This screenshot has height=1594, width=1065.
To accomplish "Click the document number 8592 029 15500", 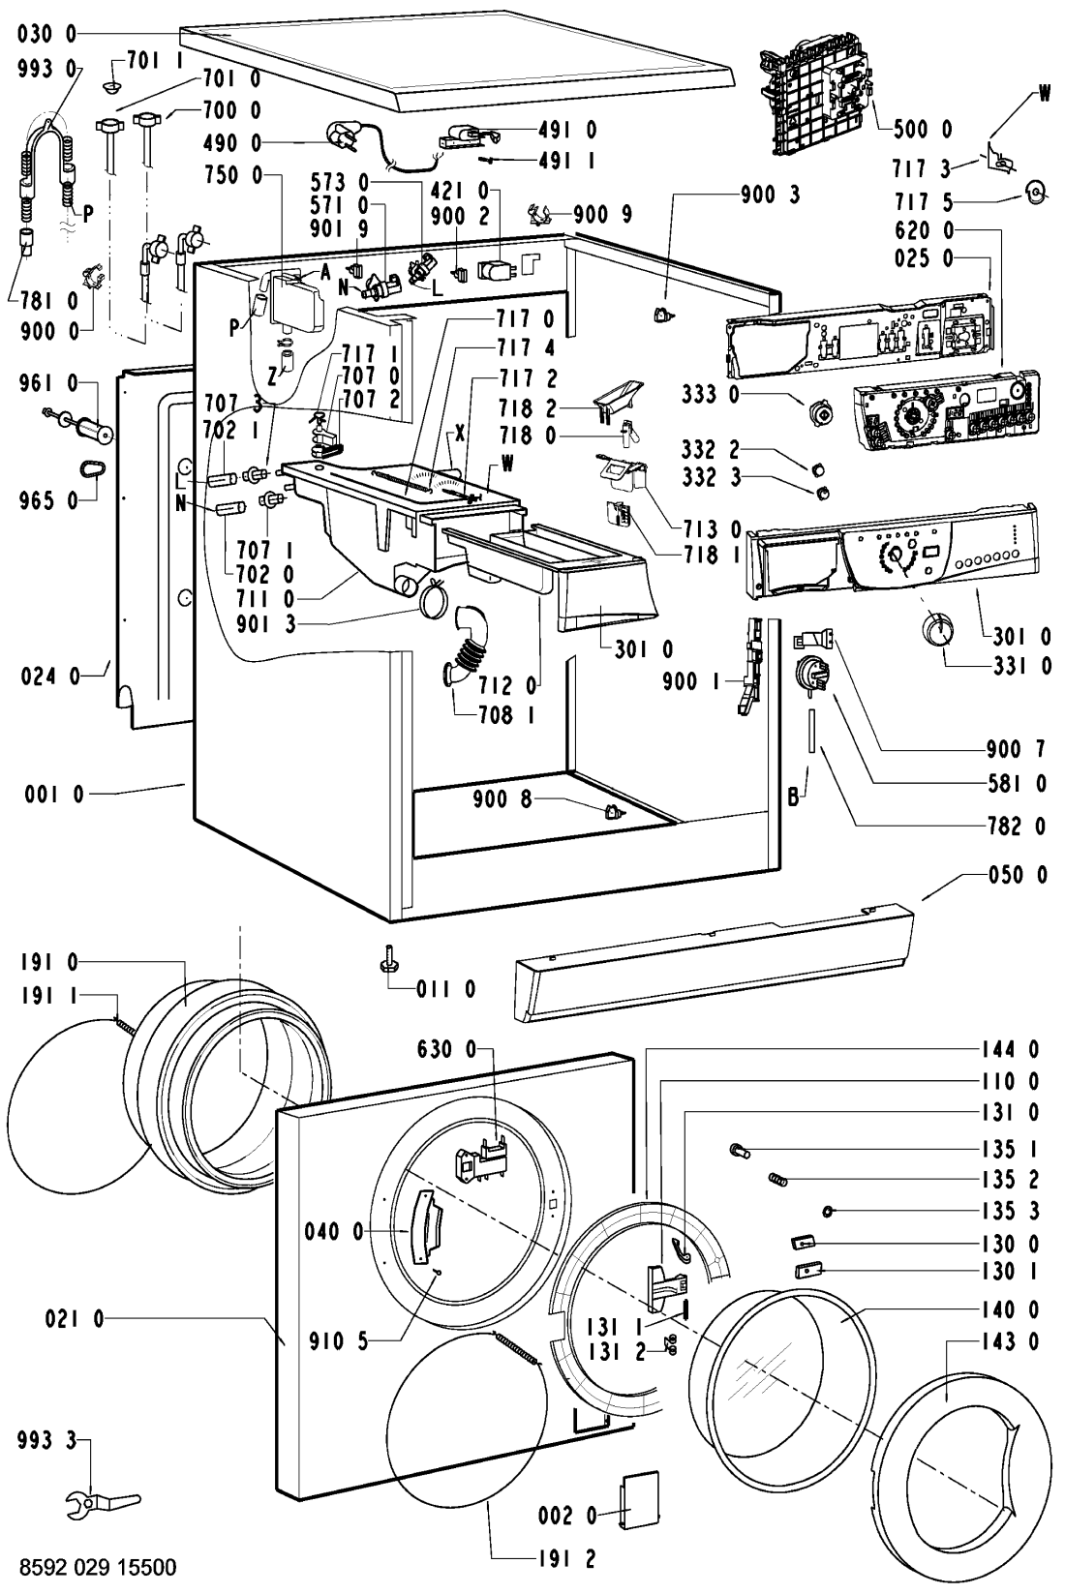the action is click(98, 1568).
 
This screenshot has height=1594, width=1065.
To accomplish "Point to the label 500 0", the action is click(924, 129).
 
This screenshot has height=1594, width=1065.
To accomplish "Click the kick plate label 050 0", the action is click(1018, 874).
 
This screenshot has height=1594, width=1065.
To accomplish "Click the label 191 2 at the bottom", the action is click(566, 1559).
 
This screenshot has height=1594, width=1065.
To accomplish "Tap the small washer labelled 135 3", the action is click(827, 1211).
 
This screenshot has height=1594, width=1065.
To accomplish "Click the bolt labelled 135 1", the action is click(740, 1149).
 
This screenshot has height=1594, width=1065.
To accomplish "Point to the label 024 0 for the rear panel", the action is click(49, 677).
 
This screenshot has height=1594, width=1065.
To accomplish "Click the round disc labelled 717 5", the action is click(1037, 190).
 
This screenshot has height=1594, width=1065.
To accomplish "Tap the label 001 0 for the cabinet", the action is click(54, 794).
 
